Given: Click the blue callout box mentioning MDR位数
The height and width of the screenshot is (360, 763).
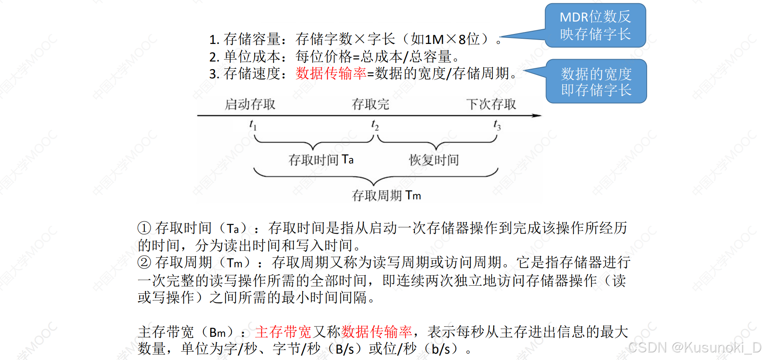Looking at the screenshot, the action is tap(595, 25).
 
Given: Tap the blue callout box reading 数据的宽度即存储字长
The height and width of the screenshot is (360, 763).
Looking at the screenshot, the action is tap(596, 82).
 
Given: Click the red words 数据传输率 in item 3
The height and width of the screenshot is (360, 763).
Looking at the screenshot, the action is tap(331, 74).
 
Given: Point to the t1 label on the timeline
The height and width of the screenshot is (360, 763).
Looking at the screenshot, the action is tap(253, 125).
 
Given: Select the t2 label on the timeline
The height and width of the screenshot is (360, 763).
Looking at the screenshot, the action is tap(375, 125).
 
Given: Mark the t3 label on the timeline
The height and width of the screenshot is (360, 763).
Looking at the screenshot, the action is tap(497, 125).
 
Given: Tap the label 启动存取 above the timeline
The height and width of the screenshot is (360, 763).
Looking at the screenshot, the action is tap(250, 104).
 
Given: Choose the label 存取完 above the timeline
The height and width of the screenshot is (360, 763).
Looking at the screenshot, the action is tap(370, 104).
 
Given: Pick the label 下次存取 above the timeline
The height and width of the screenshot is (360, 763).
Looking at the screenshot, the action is tap(491, 104).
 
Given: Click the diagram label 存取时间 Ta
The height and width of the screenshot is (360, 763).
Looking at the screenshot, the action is tap(321, 160).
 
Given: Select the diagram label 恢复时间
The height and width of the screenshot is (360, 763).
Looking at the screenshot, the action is tap(434, 160).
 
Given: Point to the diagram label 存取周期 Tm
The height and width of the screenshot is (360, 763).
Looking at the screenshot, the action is tap(386, 195).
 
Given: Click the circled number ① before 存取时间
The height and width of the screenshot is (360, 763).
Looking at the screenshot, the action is tap(144, 228).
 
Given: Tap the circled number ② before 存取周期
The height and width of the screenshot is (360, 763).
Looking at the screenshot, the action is tap(144, 263).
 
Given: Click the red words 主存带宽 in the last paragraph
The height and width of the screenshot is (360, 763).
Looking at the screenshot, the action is tap(283, 332).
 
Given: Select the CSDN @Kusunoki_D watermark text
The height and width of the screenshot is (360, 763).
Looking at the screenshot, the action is tap(695, 348).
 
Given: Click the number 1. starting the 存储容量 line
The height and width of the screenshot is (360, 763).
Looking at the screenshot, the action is tap(214, 40).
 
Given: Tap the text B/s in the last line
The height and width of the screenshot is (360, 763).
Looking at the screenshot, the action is tap(345, 349).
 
